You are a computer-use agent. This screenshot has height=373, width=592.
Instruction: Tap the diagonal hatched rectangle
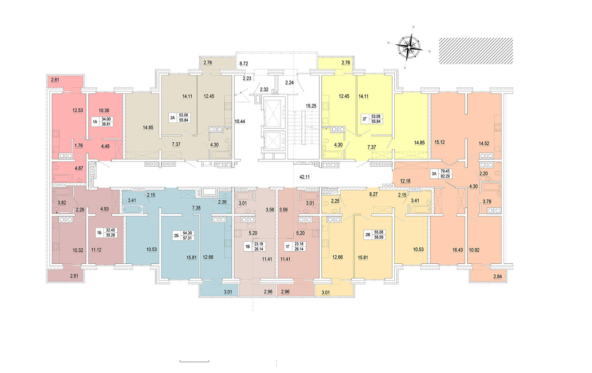point(475,51)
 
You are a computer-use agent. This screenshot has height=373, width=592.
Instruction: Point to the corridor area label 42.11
point(304,177)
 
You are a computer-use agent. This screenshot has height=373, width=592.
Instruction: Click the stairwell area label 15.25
point(311,106)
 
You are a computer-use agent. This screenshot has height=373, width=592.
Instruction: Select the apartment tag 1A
point(95,122)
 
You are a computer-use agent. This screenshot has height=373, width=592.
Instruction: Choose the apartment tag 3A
point(434,173)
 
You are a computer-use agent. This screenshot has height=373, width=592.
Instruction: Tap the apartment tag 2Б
point(176,236)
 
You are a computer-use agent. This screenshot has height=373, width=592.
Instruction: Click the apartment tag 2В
point(368,235)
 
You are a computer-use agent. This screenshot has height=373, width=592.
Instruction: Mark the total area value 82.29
point(445,176)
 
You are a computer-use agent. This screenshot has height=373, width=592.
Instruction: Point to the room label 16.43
point(457,250)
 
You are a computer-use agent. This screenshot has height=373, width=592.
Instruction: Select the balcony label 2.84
point(497,277)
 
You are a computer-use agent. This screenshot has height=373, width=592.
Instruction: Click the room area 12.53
point(78,110)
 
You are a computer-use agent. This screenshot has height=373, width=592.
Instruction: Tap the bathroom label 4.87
point(79,169)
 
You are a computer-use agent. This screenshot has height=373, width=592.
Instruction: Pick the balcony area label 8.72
point(243,64)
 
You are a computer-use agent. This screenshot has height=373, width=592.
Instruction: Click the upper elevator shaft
point(274,113)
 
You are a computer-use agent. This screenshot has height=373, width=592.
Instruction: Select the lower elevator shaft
point(274,140)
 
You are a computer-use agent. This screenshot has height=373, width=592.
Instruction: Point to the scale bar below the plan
point(194,361)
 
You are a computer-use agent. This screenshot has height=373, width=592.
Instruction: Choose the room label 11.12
point(96,250)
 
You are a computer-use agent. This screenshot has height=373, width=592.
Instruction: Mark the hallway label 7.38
point(196,208)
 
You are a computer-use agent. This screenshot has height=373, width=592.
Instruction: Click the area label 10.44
point(240,122)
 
